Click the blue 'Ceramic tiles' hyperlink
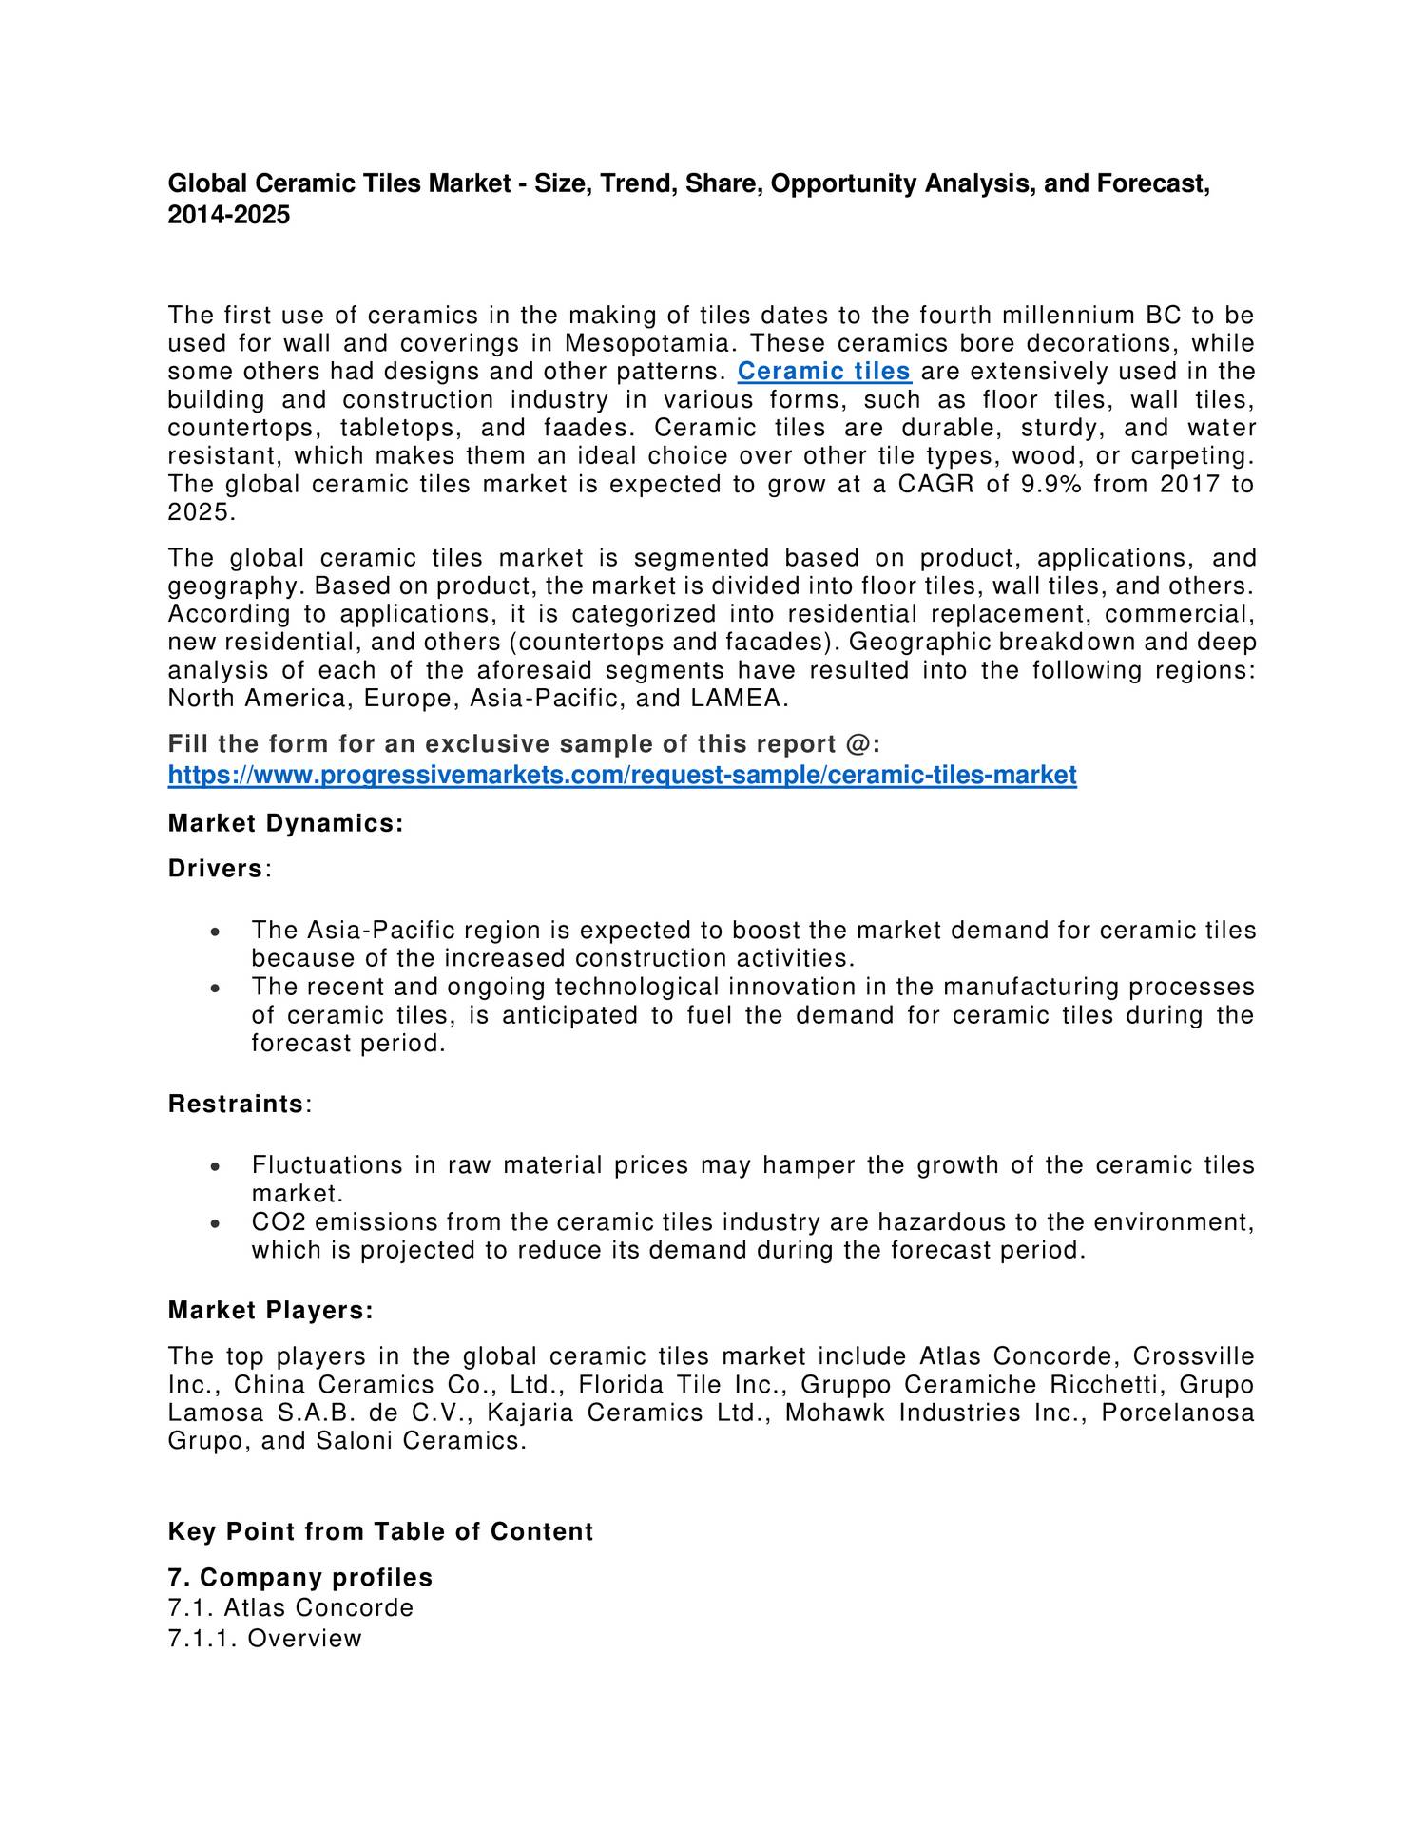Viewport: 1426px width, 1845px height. [823, 371]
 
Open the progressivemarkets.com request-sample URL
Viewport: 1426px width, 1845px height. [622, 776]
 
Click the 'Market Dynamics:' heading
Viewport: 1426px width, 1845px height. [285, 823]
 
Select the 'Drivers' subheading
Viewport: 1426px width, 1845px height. [215, 869]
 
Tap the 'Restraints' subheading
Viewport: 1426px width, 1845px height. [235, 1105]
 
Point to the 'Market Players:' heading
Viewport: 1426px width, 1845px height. [270, 1311]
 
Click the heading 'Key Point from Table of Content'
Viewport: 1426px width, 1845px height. [380, 1532]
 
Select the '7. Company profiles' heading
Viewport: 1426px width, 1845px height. [299, 1578]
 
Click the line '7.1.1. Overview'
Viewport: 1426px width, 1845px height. [264, 1639]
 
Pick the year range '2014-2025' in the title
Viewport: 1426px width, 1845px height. [228, 216]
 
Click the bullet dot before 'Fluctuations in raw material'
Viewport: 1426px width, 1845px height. [217, 1166]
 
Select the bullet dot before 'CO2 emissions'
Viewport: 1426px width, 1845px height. [217, 1223]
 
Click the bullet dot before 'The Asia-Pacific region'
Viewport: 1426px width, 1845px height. [217, 932]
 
